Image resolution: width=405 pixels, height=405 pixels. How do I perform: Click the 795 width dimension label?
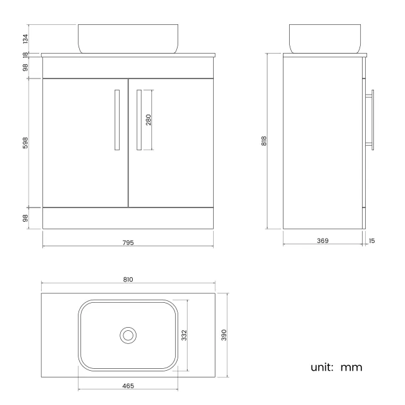point(129,242)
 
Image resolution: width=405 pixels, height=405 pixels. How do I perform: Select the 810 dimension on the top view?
point(128,280)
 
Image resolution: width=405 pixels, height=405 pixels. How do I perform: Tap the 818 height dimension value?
point(264,141)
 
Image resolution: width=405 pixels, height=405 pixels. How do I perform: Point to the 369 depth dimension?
point(323,241)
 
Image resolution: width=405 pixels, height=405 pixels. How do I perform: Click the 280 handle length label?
point(149,120)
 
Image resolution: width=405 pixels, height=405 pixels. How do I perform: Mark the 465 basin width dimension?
point(128,386)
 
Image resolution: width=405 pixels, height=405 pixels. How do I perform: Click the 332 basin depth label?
point(184,335)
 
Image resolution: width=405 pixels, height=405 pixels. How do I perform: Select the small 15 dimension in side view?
point(372,241)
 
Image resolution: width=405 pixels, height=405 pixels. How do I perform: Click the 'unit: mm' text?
point(336,367)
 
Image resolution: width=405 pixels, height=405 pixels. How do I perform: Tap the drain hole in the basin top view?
point(128,335)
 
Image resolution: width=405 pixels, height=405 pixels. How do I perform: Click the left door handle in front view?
point(117,120)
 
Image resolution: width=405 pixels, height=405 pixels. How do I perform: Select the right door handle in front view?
point(140,120)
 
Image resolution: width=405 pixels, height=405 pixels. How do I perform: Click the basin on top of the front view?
point(128,39)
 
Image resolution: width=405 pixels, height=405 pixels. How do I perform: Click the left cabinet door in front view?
point(85,143)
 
